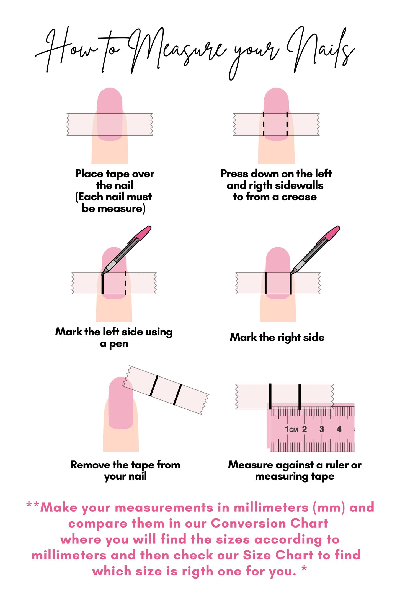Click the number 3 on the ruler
pos(321,429)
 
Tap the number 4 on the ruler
pos(339,429)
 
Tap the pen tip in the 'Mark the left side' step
pos(103,273)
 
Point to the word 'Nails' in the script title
pos(321,50)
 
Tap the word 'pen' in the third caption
pos(119,344)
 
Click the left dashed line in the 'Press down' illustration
pos(264,124)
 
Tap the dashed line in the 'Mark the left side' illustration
pos(125,283)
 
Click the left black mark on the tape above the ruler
pos(270,396)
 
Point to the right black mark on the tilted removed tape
pos(177,394)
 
